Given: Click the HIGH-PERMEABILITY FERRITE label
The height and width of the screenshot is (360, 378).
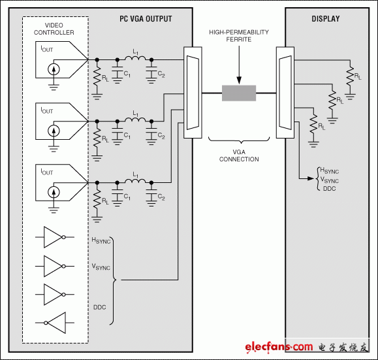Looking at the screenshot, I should [240, 35].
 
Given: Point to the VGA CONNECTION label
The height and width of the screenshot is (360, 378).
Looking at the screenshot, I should [239, 155].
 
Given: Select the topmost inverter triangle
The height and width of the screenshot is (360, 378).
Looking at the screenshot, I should [53, 237].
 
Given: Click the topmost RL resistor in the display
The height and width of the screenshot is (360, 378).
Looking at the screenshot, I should [351, 75].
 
